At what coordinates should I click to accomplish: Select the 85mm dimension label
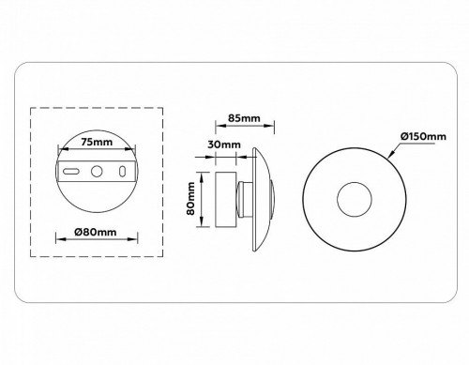coord(243,118)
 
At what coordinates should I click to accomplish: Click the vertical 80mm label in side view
coord(190,199)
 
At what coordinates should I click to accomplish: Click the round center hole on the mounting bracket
coord(98,172)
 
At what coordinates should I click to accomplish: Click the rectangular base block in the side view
coord(225,199)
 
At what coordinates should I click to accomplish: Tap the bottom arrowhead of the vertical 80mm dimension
coord(199,225)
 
